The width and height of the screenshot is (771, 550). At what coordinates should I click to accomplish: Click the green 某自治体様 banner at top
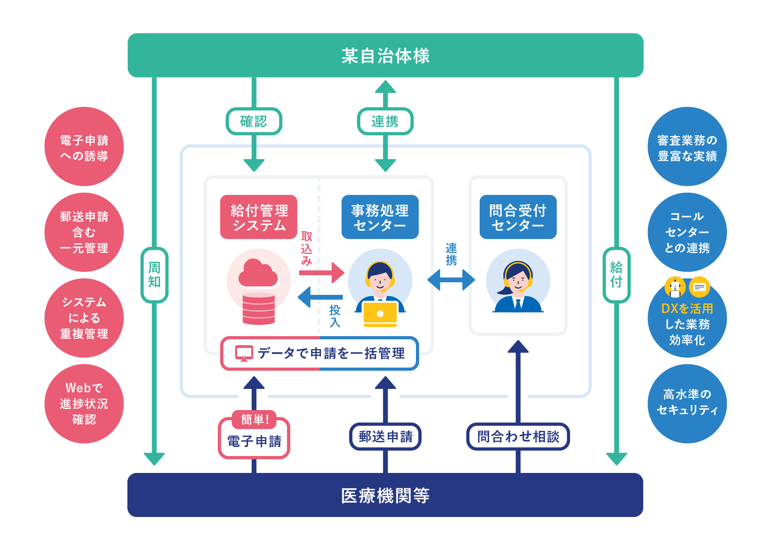pyautogui.click(x=385, y=55)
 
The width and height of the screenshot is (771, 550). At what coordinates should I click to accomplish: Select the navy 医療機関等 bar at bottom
pyautogui.click(x=385, y=495)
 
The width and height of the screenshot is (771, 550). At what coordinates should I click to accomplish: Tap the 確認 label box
pyautogui.click(x=254, y=121)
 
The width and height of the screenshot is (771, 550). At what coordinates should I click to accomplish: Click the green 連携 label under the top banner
pyautogui.click(x=385, y=121)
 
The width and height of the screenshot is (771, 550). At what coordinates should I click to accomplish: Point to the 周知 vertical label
pyautogui.click(x=155, y=275)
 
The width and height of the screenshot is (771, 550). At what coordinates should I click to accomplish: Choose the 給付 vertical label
pyautogui.click(x=616, y=275)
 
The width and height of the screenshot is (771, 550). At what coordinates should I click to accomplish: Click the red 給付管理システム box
pyautogui.click(x=259, y=217)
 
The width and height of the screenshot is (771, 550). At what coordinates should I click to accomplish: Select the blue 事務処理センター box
pyautogui.click(x=380, y=217)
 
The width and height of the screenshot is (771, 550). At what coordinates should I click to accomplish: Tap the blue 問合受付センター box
pyautogui.click(x=518, y=217)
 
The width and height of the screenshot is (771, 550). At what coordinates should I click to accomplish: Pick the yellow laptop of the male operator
pyautogui.click(x=380, y=314)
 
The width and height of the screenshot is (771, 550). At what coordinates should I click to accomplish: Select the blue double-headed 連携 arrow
pyautogui.click(x=451, y=280)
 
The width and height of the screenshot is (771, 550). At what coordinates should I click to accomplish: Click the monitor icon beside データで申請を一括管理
pyautogui.click(x=244, y=353)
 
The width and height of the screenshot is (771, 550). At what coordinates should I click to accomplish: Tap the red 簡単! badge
pyautogui.click(x=254, y=419)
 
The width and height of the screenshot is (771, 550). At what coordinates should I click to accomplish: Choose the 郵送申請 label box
pyautogui.click(x=385, y=436)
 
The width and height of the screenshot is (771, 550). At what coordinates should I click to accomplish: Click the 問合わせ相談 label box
pyautogui.click(x=518, y=436)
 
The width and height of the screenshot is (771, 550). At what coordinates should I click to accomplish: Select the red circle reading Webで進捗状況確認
pyautogui.click(x=84, y=404)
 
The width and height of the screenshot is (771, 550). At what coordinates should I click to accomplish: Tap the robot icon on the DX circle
pyautogui.click(x=675, y=287)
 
